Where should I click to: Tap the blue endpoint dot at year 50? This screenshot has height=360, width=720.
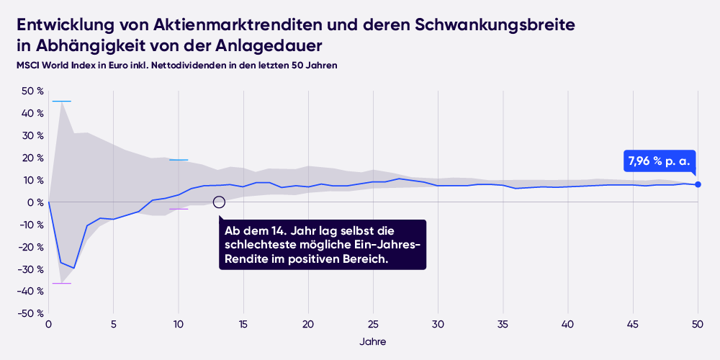click(x=698, y=185)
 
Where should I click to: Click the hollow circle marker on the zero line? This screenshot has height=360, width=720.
click(x=219, y=202)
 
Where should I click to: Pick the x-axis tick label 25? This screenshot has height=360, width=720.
click(x=374, y=325)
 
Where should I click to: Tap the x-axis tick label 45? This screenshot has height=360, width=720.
click(x=633, y=325)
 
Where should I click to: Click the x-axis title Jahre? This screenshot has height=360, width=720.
click(x=372, y=341)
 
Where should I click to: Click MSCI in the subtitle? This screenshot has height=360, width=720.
click(x=29, y=66)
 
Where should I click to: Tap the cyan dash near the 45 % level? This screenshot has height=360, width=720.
click(x=62, y=102)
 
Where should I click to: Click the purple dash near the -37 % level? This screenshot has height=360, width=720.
click(x=62, y=284)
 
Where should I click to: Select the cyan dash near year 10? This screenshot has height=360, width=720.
click(x=178, y=160)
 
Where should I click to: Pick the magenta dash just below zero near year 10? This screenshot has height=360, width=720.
click(x=178, y=209)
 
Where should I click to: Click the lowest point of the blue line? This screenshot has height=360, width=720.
click(x=74, y=268)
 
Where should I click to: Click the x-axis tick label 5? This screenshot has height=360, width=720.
click(x=113, y=325)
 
